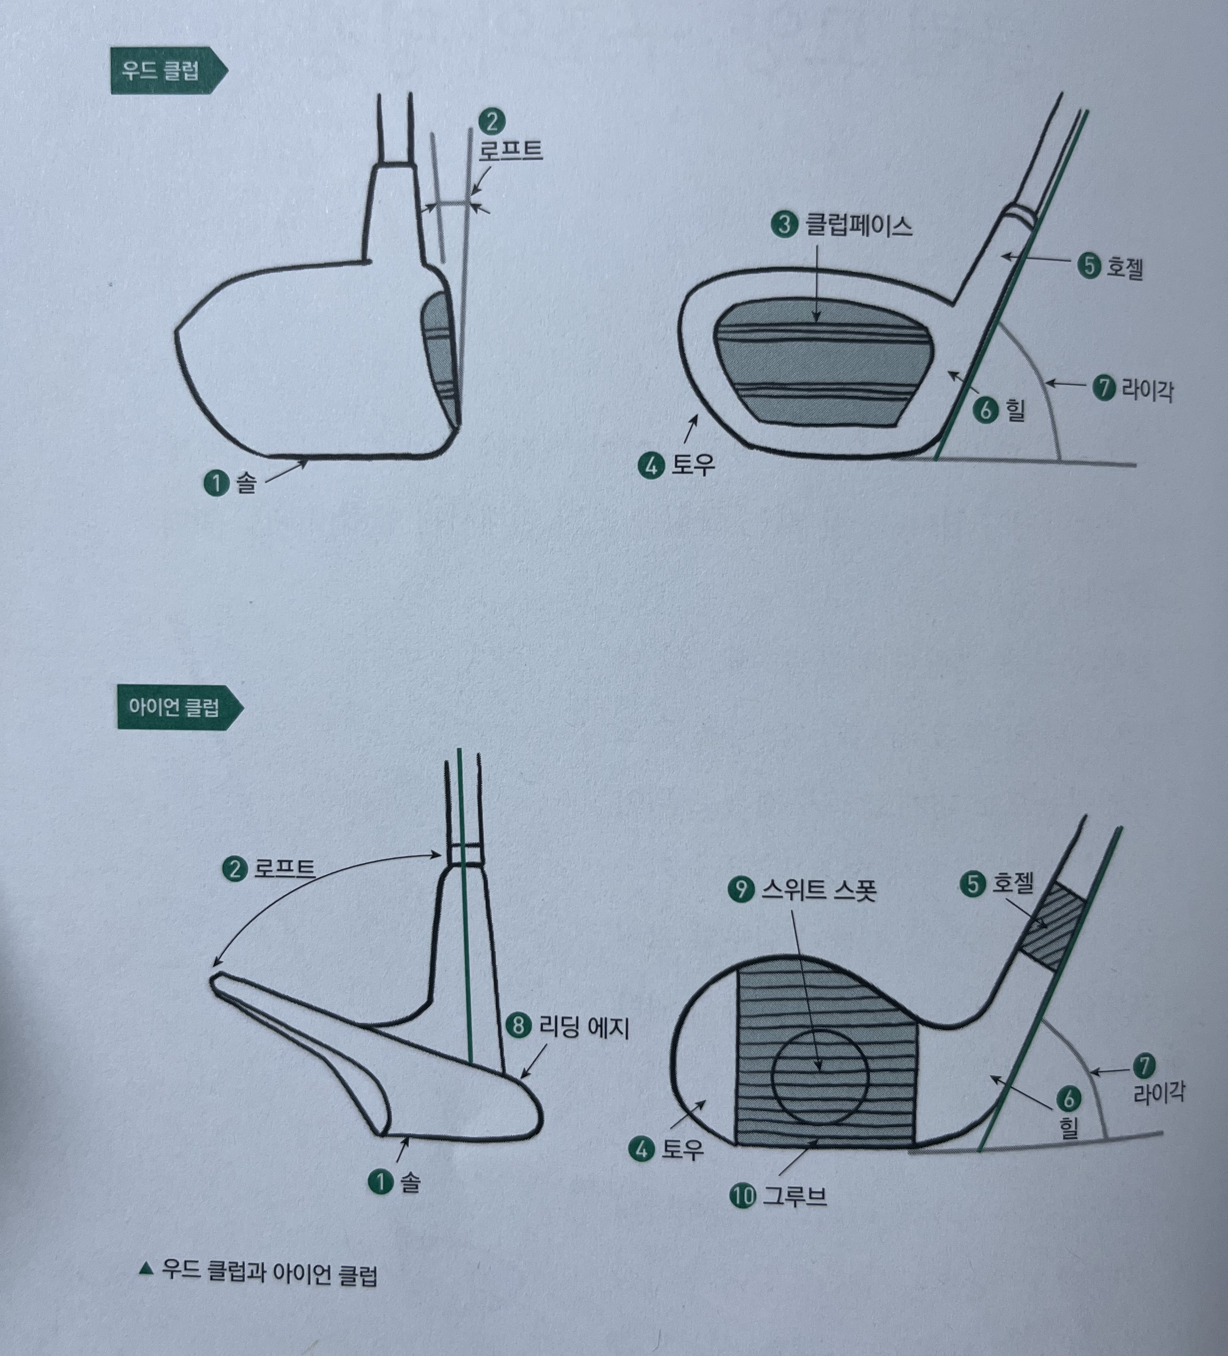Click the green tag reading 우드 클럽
(168, 71)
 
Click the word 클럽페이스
(859, 225)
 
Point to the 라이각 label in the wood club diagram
(1147, 390)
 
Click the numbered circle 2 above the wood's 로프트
(492, 122)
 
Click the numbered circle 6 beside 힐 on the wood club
(985, 409)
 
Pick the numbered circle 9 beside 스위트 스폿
(741, 890)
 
